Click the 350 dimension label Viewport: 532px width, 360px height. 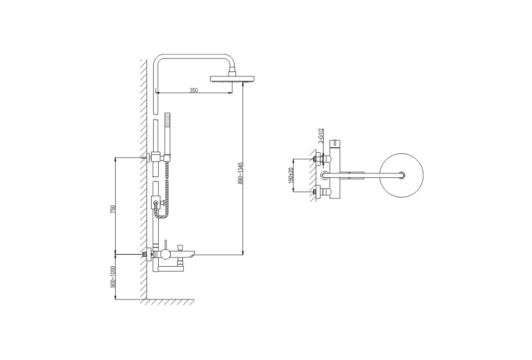coord(193,90)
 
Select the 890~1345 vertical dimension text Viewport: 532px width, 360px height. coord(241,173)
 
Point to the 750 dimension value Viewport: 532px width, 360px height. coord(113,209)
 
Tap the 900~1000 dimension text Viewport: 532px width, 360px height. coord(113,277)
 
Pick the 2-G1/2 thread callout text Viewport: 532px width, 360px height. coord(321,136)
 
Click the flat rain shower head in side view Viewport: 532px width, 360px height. coord(232,79)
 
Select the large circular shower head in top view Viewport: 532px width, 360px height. coord(402,175)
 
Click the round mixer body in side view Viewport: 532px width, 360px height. coord(166,254)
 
